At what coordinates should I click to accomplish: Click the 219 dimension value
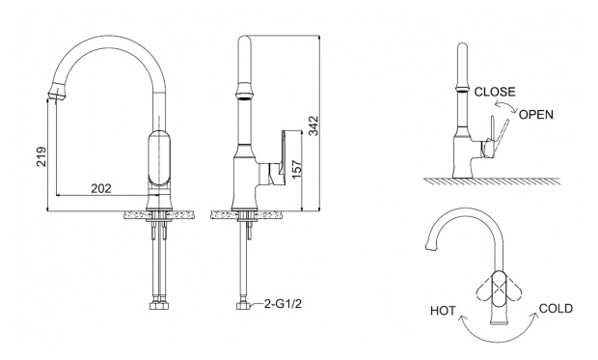[x=41, y=156]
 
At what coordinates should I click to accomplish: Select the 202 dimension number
[x=101, y=188]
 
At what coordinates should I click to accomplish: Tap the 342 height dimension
[x=313, y=125]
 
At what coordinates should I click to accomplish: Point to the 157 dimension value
[x=296, y=168]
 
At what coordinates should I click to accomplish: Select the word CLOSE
[x=495, y=92]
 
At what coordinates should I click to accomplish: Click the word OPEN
[x=536, y=115]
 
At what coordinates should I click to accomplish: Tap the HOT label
[x=443, y=311]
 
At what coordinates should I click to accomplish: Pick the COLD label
[x=556, y=309]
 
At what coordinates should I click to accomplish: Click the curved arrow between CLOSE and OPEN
[x=505, y=103]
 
